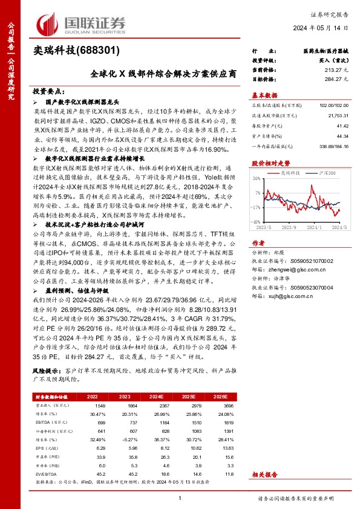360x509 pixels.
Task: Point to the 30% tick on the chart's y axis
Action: click(x=257, y=179)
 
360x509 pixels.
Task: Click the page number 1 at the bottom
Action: click(x=180, y=498)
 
